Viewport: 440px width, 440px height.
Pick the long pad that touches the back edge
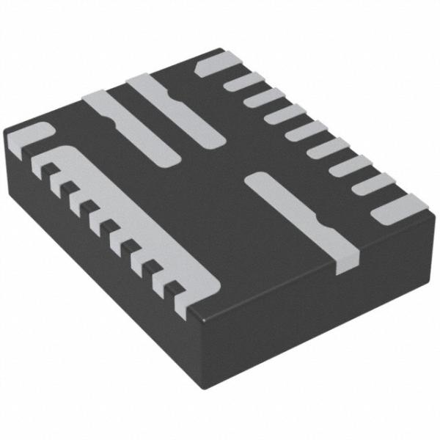click(x=176, y=110)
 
